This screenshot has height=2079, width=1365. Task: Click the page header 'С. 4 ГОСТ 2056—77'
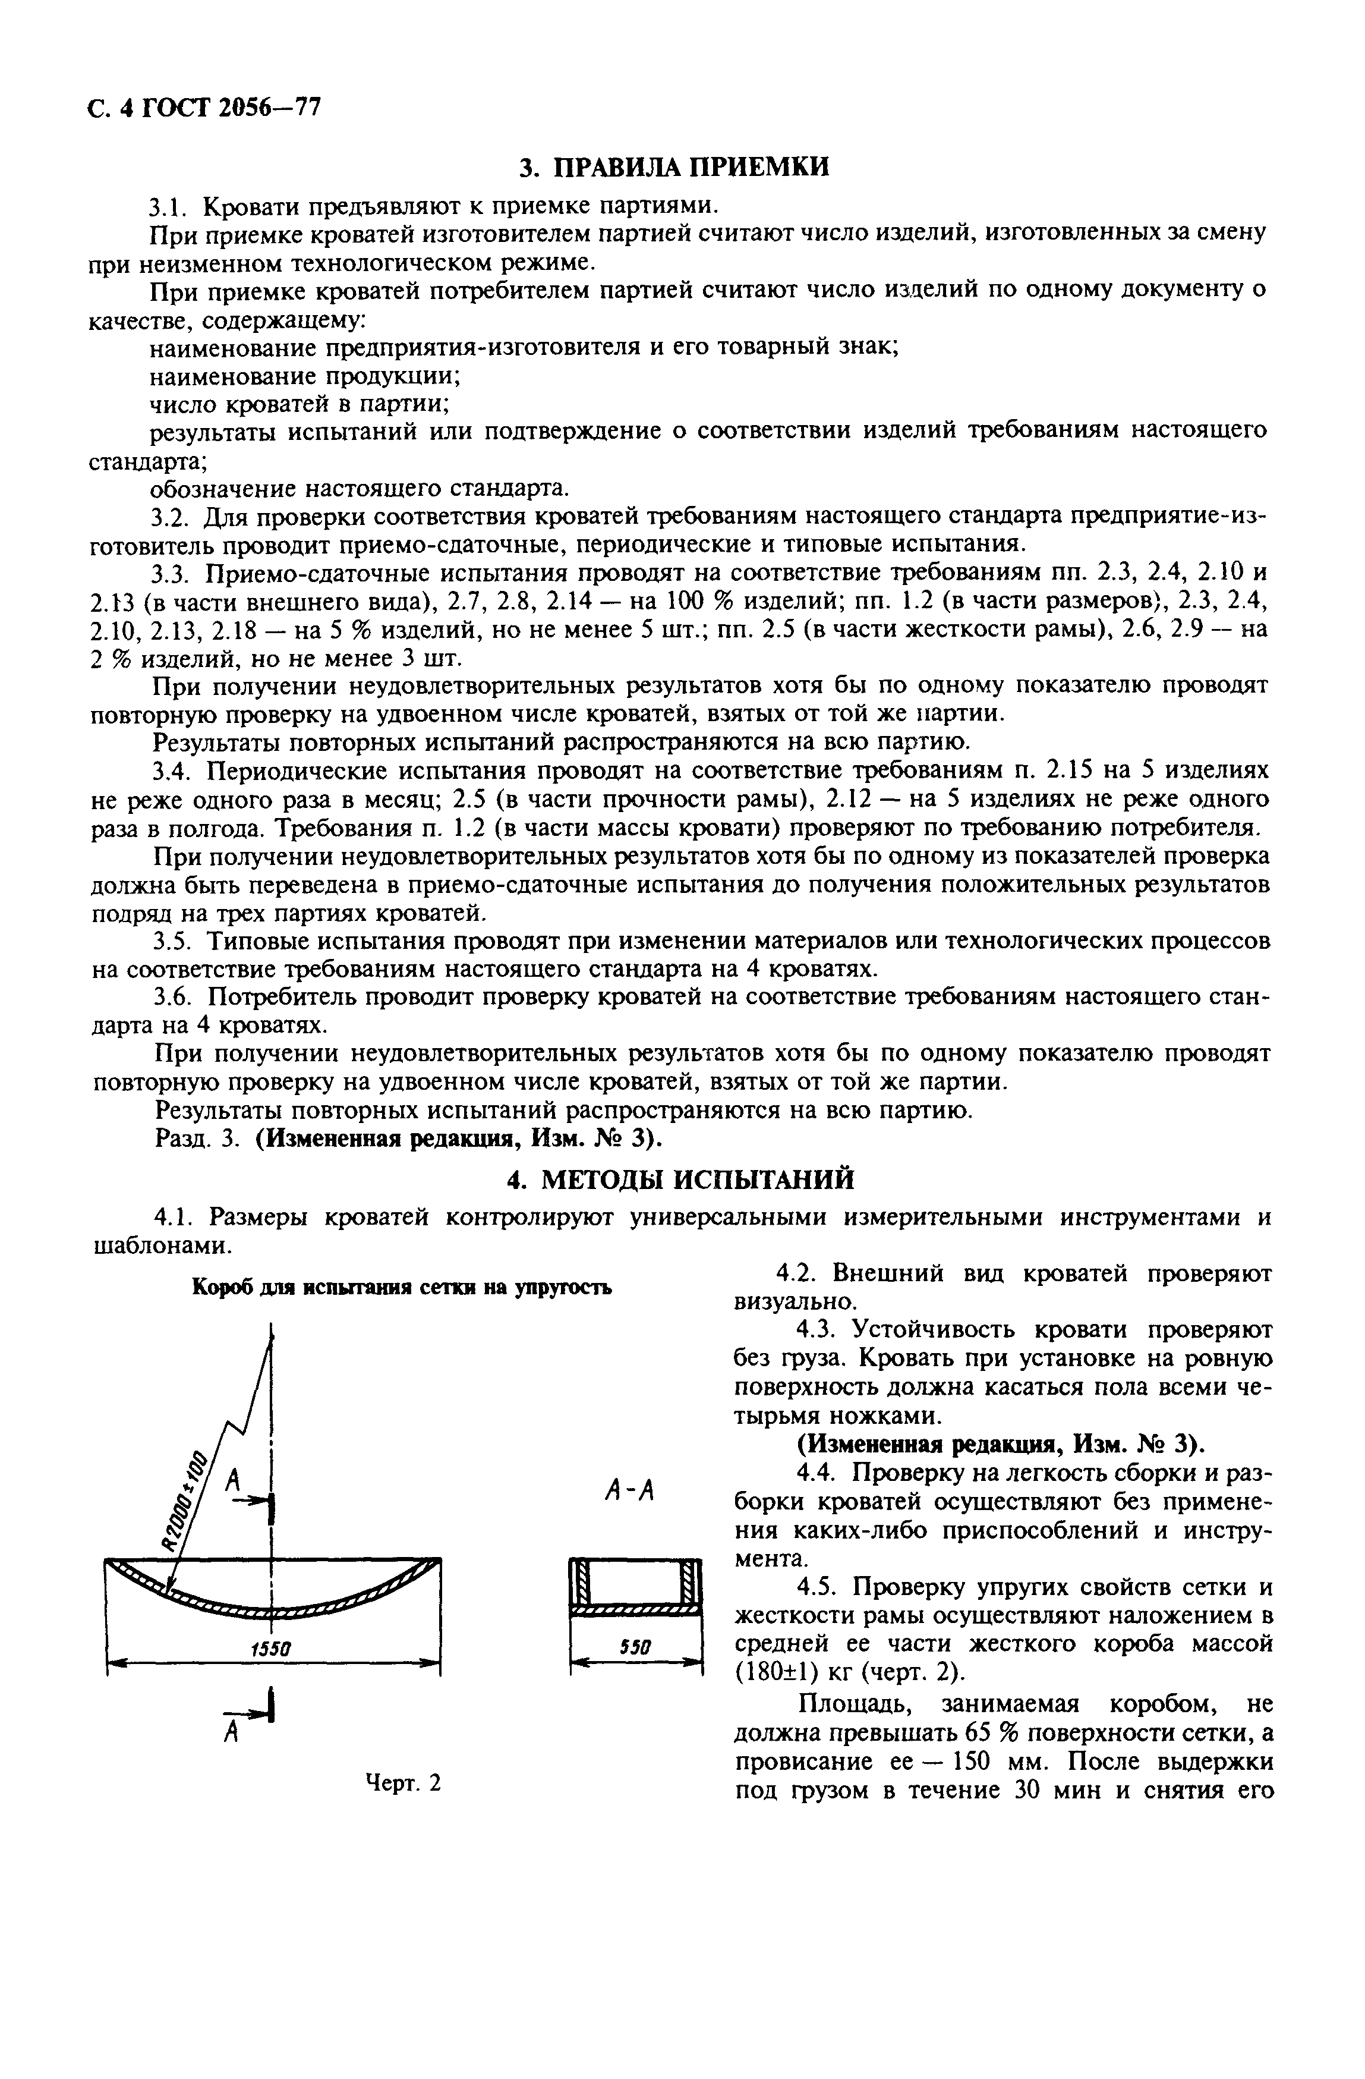click(205, 108)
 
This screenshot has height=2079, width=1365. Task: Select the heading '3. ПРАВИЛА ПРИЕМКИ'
click(673, 168)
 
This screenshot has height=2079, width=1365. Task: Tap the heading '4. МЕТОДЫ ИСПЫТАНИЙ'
click(680, 1180)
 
